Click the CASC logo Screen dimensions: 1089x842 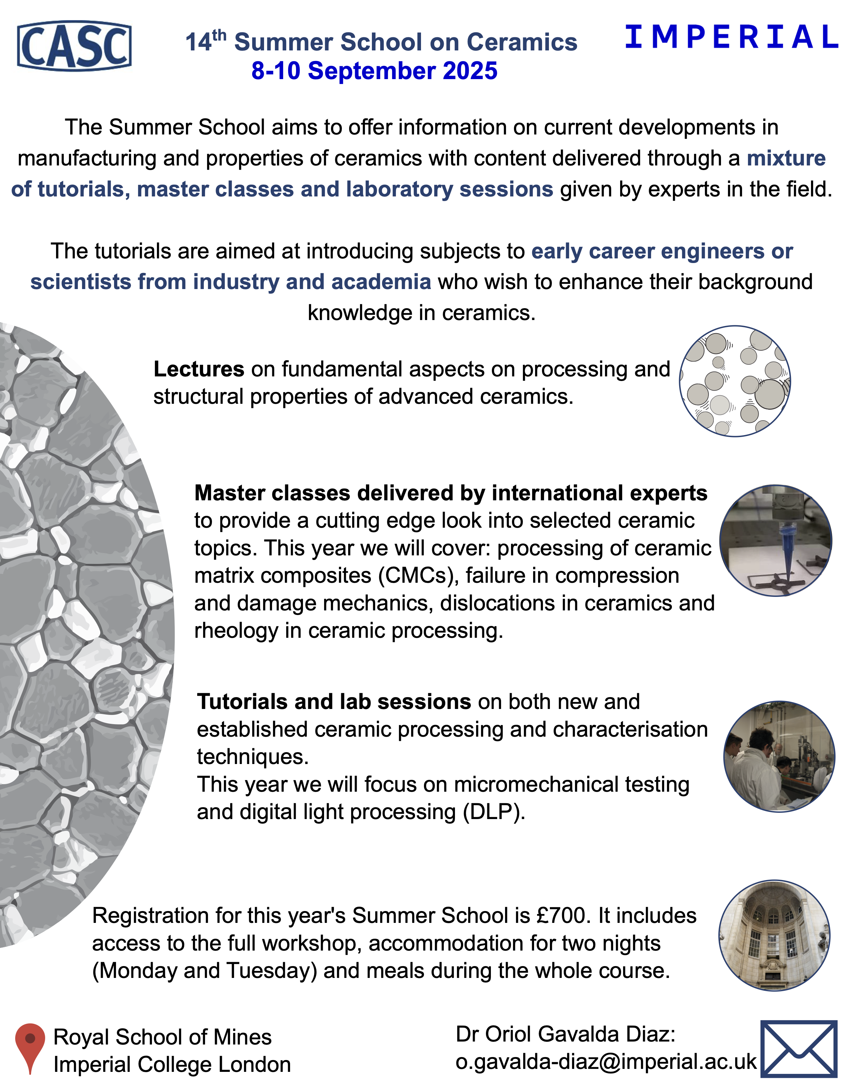click(x=74, y=45)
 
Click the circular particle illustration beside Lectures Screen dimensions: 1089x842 click(x=735, y=381)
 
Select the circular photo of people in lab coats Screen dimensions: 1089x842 click(x=779, y=756)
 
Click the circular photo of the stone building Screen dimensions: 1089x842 click(x=774, y=935)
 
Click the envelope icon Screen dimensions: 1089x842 click(x=798, y=1048)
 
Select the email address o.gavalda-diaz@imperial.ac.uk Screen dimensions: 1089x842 click(x=606, y=1062)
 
